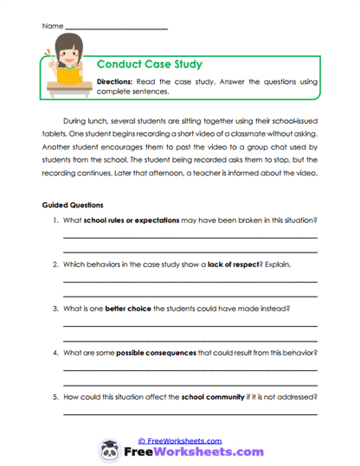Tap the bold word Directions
[x=113, y=80]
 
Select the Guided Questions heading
[x=73, y=206]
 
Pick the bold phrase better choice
[x=128, y=309]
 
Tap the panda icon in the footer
[x=110, y=450]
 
